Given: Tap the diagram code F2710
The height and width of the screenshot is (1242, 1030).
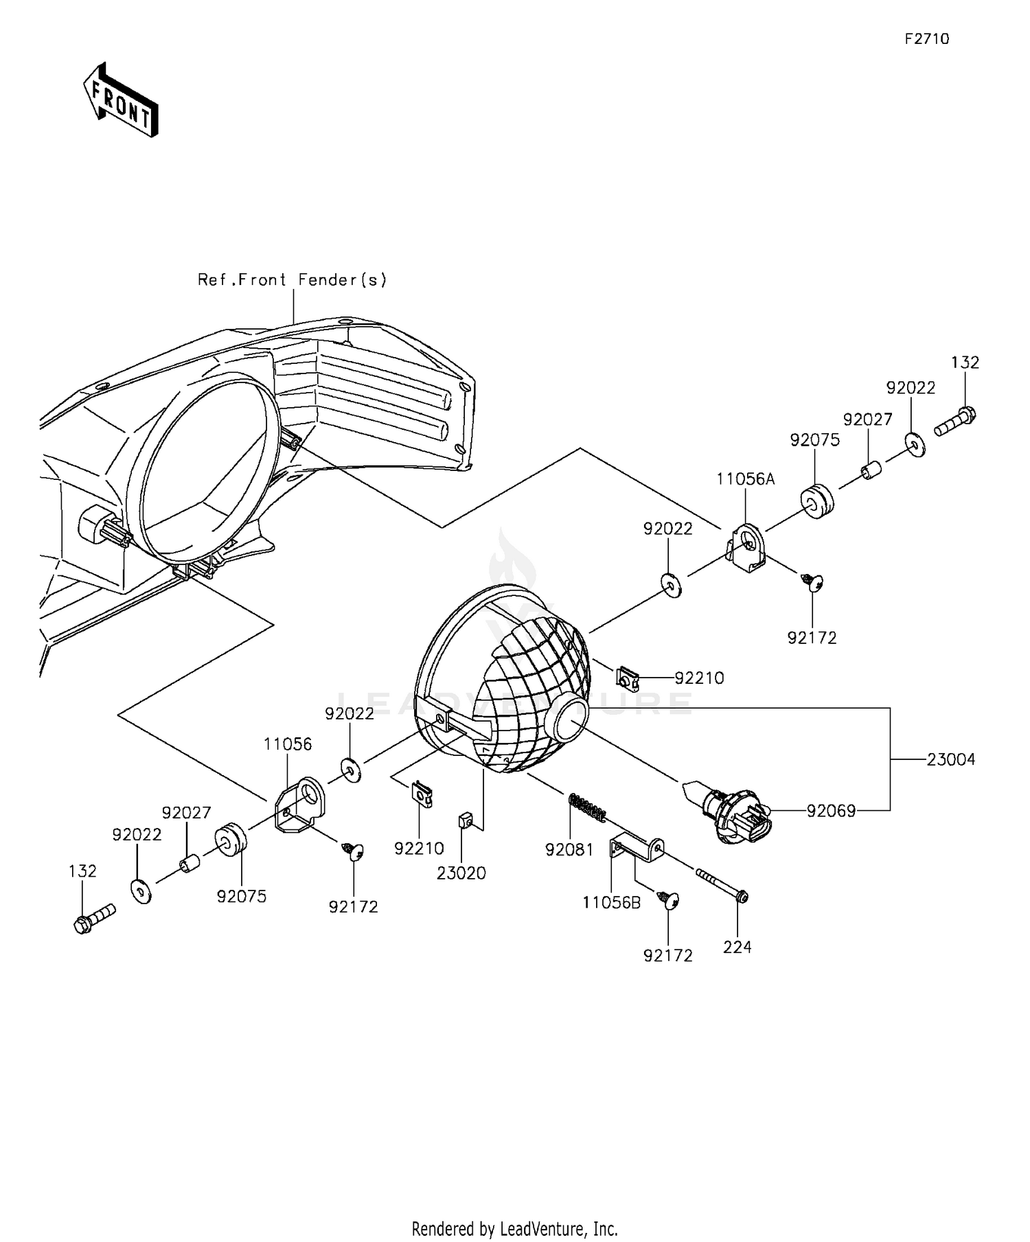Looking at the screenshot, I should [x=926, y=39].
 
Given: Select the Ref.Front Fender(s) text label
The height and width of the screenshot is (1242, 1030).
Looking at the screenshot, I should [x=293, y=279].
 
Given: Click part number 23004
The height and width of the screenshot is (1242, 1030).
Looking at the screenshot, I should [x=950, y=759].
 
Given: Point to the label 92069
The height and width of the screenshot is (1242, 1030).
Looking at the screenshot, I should [x=831, y=811].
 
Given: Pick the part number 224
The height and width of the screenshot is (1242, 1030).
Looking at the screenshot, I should [x=737, y=947].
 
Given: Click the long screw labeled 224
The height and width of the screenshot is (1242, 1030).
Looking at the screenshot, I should [x=721, y=885].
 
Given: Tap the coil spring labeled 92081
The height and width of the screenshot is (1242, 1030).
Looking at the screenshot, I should [x=588, y=807].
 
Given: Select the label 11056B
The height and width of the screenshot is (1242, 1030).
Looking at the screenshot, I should [x=611, y=903].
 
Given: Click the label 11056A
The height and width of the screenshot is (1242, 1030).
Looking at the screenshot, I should [x=745, y=479].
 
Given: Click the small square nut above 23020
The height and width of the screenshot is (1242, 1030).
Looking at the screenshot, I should [x=464, y=820].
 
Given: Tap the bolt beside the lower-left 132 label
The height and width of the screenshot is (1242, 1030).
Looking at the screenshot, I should [x=94, y=917].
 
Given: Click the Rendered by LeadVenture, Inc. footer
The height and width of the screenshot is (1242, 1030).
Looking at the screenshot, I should [x=514, y=1228].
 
